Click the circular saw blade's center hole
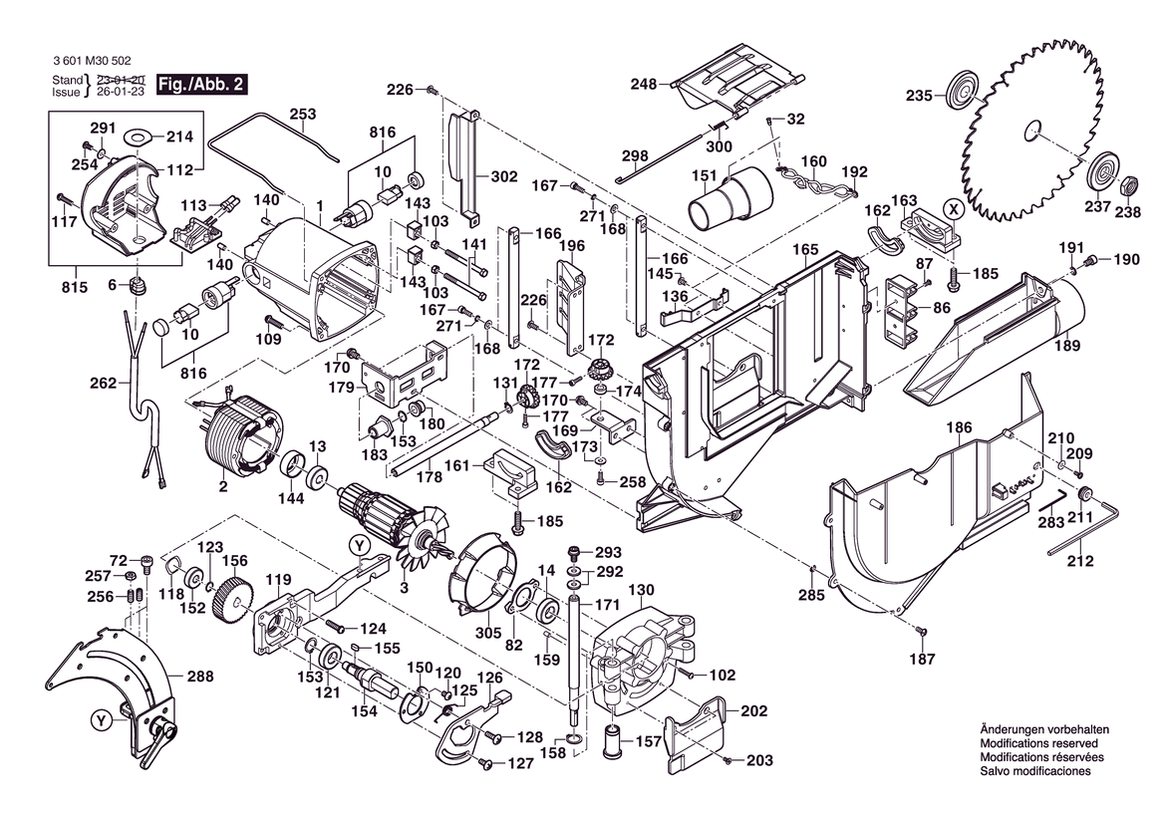click(1032, 129)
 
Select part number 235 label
click(919, 97)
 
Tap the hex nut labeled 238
click(1128, 185)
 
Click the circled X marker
click(954, 209)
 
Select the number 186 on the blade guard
click(959, 427)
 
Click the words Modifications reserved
click(1038, 743)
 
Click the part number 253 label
click(303, 115)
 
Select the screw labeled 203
click(728, 760)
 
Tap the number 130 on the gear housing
click(641, 589)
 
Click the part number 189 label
click(1067, 347)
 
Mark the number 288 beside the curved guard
click(199, 677)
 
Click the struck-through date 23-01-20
click(122, 79)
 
